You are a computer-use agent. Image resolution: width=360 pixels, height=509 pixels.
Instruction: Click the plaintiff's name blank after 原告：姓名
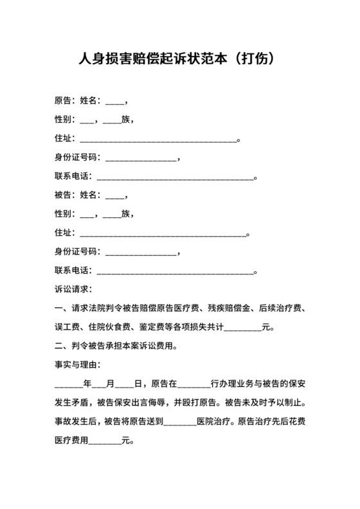pos(114,101)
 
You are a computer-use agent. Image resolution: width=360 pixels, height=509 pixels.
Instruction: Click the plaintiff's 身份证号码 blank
pos(140,157)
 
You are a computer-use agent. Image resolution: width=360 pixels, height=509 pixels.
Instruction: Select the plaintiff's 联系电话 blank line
pos(175,176)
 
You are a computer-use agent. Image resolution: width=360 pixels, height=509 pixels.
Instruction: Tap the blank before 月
pos(99,384)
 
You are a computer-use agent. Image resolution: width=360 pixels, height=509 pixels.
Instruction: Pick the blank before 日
pos(125,384)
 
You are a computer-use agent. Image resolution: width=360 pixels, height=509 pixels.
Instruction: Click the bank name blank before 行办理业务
pos(194,384)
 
